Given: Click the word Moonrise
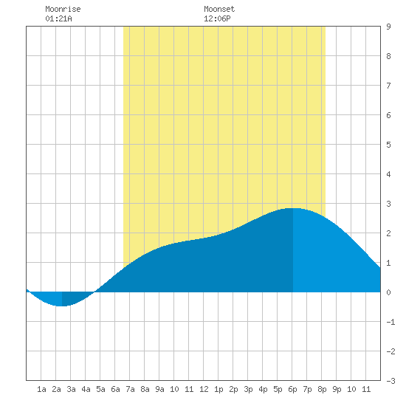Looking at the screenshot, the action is coord(63,9).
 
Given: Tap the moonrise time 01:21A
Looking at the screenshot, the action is coord(58,18).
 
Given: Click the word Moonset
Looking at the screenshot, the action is coord(219,9).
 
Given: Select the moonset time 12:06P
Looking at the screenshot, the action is coord(217,18).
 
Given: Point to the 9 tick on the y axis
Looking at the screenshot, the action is coord(388,27).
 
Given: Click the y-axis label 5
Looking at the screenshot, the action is coord(388,145).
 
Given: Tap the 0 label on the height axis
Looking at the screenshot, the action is coord(388,292).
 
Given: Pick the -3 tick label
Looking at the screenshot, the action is coord(390,381).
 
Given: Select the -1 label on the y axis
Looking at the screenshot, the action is coord(390,322).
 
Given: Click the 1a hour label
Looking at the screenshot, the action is coord(41,389).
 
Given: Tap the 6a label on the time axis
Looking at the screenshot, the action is coord(115,389).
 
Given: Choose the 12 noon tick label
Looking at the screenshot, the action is coord(204,389).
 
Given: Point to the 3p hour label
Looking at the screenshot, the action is coord(248,389).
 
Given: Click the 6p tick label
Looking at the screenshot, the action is coord(292,389).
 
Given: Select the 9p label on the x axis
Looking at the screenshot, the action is coord(337,389).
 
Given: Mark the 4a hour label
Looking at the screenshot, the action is coord(86,389).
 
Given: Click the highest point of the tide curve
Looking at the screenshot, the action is coord(293,208).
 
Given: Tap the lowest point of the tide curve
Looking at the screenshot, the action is coord(62,306).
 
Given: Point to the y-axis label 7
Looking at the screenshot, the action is coord(388,86).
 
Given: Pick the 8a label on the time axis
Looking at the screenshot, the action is coord(145,389).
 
